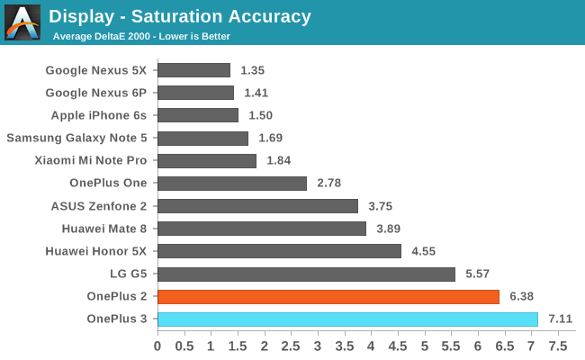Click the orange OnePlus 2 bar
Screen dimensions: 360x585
[x=328, y=296]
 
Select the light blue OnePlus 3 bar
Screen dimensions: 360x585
[x=347, y=319]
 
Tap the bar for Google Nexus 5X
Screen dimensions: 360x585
[x=194, y=70]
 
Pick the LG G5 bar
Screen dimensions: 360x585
[x=307, y=274]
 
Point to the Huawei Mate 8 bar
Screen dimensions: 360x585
[x=262, y=229]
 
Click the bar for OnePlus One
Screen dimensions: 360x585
[x=232, y=184]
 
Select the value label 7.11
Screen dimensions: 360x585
[x=560, y=319]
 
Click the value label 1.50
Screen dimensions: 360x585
[x=260, y=115]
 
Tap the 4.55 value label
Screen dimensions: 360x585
[x=424, y=251]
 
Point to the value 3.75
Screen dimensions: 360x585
[x=381, y=206]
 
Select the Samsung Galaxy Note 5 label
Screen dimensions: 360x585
[x=77, y=138]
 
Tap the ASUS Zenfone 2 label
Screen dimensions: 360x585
[x=99, y=206]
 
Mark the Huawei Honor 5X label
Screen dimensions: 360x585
[x=96, y=251]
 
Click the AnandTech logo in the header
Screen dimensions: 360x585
[x=22, y=22]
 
